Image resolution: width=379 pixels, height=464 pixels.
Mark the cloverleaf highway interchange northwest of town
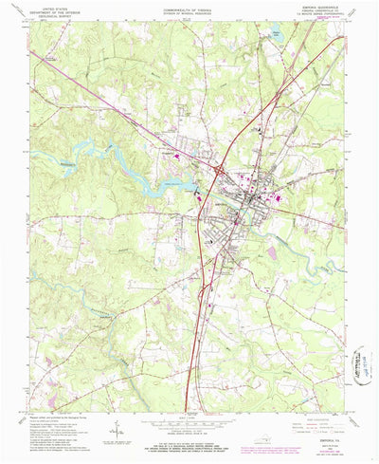coord(220,170)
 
